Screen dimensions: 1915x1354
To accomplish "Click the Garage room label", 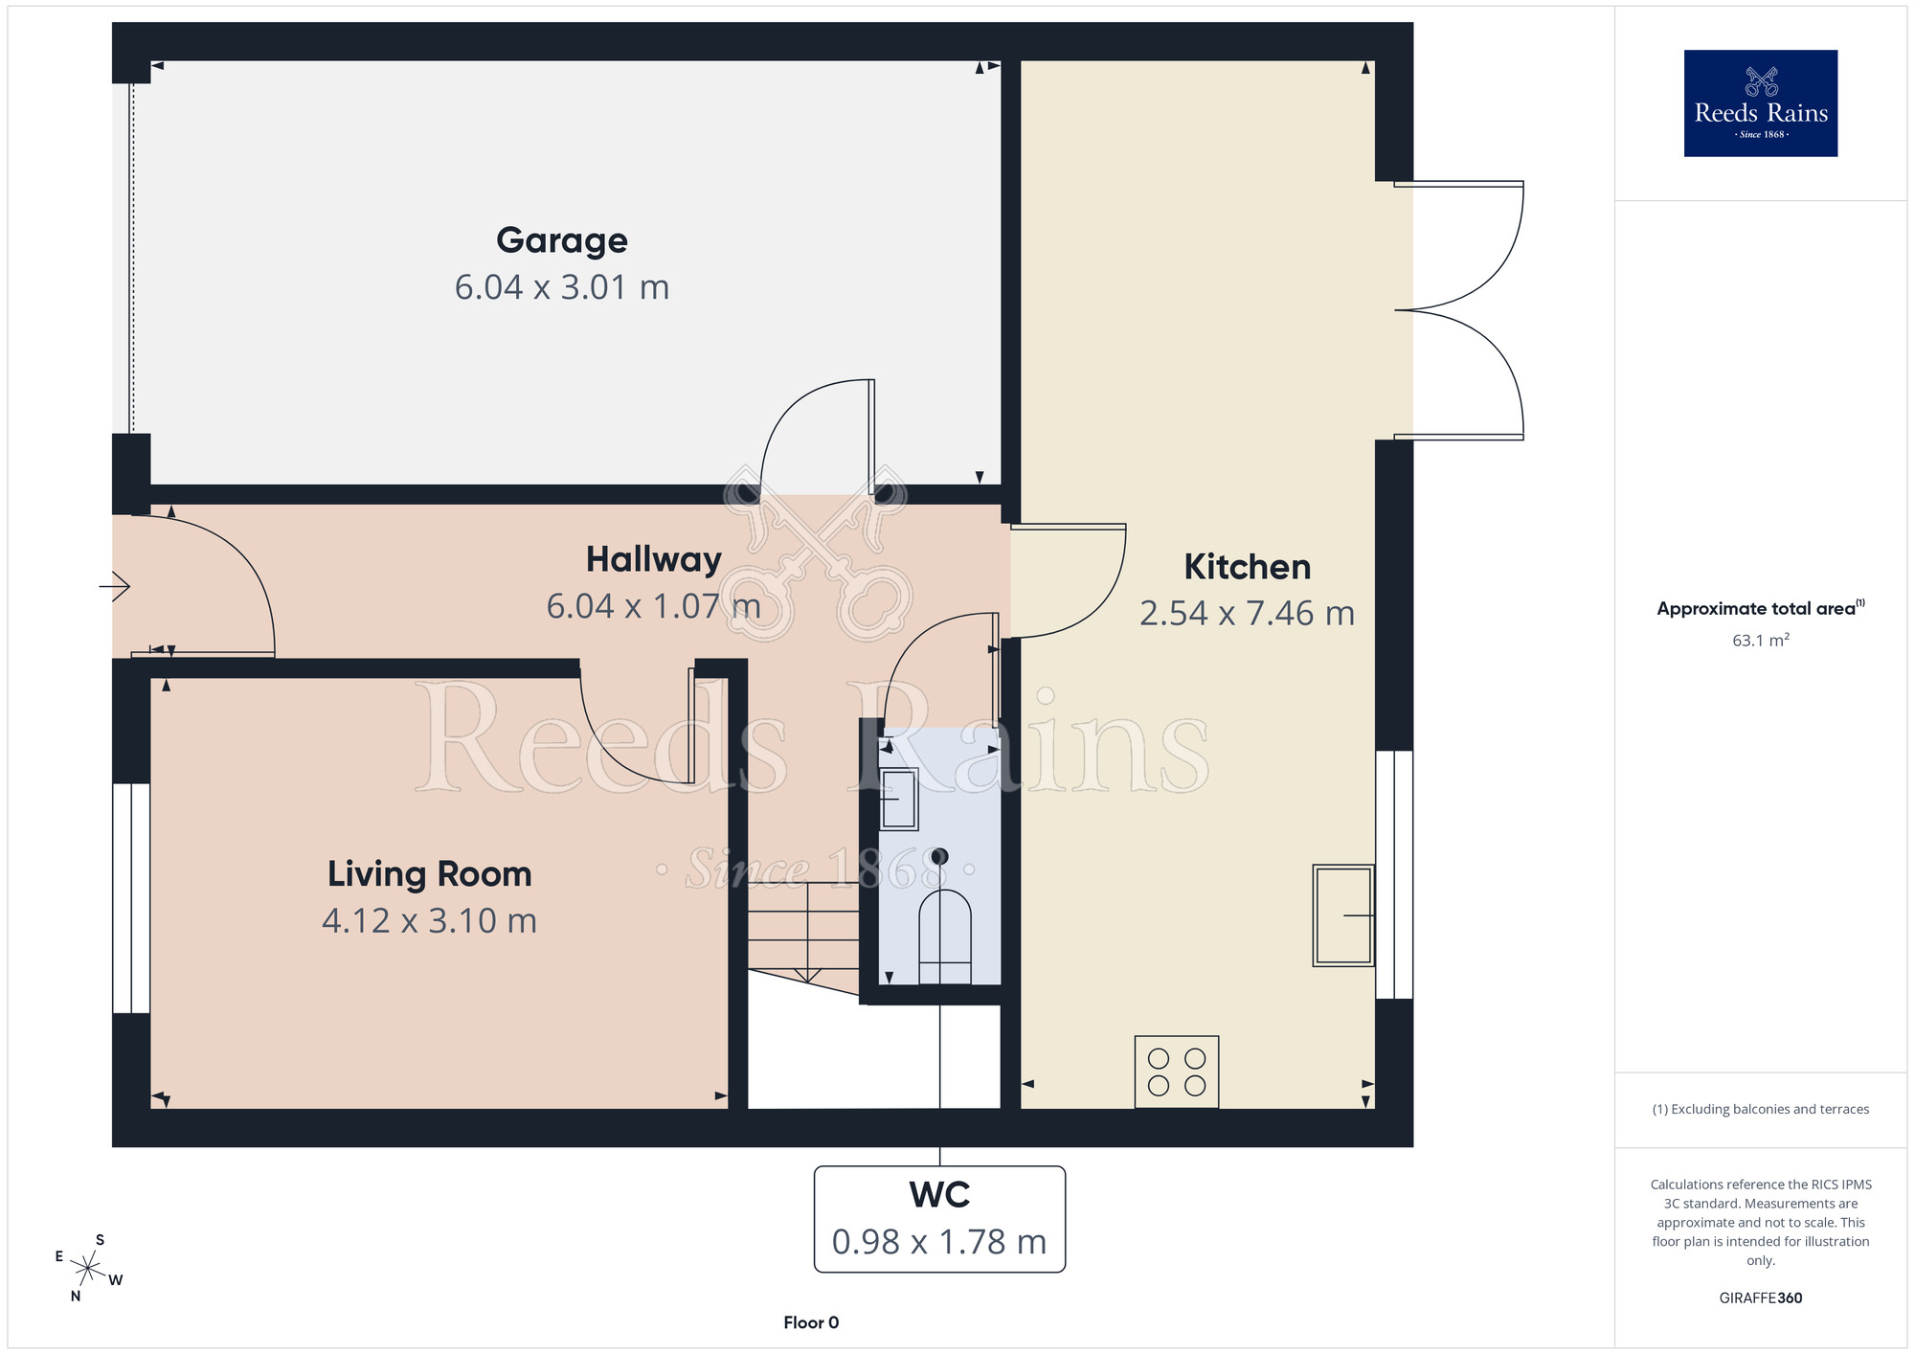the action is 562,240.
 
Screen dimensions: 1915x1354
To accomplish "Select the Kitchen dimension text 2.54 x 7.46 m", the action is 1247,613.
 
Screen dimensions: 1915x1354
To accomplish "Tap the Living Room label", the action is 429,874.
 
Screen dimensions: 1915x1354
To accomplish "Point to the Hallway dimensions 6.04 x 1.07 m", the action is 653,606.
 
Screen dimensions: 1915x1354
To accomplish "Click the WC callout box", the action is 939,1219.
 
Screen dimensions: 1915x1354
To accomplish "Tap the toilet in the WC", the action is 945,937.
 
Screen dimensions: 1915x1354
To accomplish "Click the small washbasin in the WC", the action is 899,799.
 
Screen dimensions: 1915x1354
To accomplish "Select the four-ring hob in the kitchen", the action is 1177,1072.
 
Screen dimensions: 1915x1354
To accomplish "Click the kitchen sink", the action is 1343,915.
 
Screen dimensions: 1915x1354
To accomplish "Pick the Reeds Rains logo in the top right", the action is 1761,103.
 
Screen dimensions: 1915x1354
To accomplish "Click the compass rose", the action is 88,1269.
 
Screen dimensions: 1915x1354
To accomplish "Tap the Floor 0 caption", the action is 811,1322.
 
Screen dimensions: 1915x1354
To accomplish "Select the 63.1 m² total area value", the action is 1760,640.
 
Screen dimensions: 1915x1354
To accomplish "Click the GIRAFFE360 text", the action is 1760,1298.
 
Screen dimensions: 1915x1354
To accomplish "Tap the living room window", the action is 131,898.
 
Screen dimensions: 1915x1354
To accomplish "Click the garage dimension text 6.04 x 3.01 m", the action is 562,287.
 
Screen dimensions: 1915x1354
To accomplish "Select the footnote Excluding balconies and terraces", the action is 1760,1109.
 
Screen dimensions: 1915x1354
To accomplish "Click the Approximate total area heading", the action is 1760,608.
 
